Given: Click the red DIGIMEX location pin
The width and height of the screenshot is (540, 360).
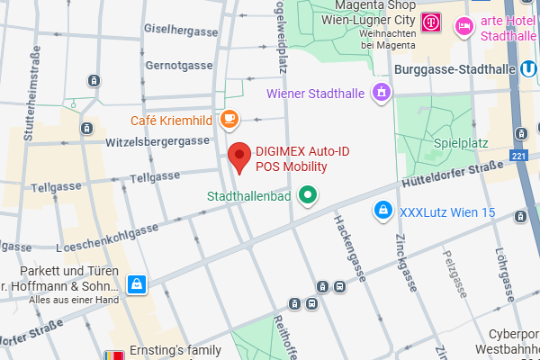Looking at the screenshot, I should coord(239,157).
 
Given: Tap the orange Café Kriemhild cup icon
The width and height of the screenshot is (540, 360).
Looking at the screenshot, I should coord(229,119).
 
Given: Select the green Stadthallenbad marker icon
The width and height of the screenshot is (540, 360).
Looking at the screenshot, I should coord(309,194).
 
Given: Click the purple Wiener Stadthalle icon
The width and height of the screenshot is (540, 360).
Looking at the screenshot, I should coord(382,93).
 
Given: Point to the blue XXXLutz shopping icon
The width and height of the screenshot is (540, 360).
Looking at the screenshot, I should coord(383,211).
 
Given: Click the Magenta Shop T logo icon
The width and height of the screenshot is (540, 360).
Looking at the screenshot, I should coord(432,19).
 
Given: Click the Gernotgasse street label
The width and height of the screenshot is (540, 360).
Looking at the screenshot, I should coord(177,67).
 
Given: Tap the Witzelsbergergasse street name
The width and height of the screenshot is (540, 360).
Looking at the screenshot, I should coord(157,141).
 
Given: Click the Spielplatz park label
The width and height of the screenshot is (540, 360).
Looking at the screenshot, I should coord(461,142).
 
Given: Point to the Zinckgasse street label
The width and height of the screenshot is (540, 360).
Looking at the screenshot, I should coord(406,264).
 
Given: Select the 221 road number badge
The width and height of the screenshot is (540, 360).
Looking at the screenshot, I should coord(518,157).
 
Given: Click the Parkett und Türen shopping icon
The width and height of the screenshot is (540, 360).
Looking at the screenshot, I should coord(136,284).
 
